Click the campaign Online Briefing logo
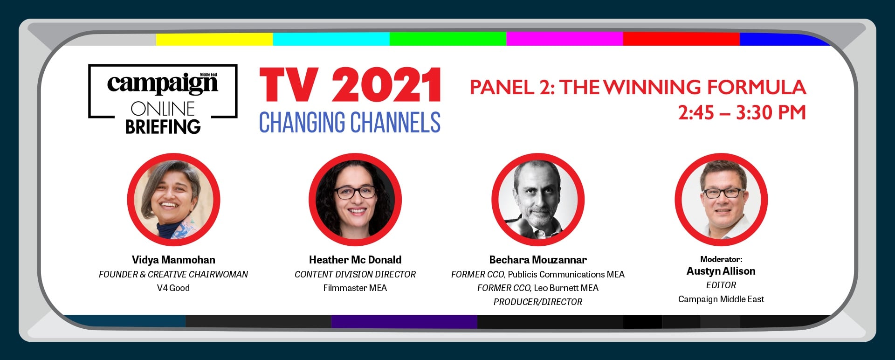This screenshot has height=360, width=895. pos(163,99)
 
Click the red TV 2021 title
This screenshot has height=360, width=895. pos(351,85)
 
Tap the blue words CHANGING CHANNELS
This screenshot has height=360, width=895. pos(350,123)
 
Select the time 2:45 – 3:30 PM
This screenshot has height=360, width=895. pos(742,113)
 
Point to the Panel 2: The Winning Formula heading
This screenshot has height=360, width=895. pos(638,87)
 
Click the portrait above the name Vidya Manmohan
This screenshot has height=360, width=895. pos(173,200)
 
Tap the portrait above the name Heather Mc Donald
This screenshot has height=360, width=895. pos(355,200)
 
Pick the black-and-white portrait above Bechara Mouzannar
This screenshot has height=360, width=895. pos(538,200)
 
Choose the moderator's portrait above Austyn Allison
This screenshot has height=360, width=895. pos(721,200)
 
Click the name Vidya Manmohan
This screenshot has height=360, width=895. pos(173,260)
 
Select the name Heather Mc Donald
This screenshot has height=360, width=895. pos(355,260)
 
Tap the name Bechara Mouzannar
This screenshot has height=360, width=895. pos(538,260)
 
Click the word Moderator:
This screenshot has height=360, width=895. pos(721,259)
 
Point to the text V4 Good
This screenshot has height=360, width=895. pos(173,288)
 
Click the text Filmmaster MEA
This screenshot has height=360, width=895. pos(355,288)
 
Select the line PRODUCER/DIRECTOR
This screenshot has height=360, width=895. pos(538,302)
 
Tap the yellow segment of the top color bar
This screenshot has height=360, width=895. pos(214,39)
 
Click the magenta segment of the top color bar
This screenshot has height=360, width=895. pos(565,39)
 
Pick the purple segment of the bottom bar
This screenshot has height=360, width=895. pos(404,322)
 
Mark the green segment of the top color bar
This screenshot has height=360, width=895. pos(448,39)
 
